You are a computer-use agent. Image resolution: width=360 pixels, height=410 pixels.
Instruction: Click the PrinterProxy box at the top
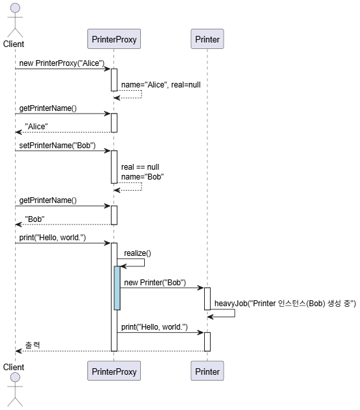coord(114,39)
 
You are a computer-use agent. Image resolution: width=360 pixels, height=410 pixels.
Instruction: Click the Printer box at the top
coord(207,39)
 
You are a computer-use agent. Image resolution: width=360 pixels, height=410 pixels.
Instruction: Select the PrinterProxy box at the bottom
coord(114,371)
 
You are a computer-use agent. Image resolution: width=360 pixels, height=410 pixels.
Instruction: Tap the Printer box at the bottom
coord(207,371)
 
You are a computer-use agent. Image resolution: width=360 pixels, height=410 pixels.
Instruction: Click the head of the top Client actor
coord(15,8)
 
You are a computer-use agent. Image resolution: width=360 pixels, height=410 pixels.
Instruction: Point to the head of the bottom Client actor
coord(15,377)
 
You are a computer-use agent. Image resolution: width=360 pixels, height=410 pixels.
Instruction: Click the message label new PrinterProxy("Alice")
coord(62,63)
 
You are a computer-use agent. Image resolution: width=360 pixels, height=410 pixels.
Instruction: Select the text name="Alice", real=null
coord(161,85)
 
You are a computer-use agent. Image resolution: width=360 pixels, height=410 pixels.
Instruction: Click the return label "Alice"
coord(37,127)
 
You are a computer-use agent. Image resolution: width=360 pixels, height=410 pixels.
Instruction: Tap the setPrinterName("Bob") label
coord(57,146)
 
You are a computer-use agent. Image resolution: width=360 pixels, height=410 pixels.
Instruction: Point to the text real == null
coord(140,167)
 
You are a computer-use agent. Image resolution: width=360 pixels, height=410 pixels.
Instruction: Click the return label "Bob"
coord(35,219)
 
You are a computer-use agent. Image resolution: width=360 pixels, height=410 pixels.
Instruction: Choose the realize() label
coord(138,253)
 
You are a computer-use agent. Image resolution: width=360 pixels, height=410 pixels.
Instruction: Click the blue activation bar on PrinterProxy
coord(117,288)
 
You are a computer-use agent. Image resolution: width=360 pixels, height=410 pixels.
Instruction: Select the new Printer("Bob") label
coord(155,283)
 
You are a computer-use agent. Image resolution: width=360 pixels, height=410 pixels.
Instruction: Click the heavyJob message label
coord(285,304)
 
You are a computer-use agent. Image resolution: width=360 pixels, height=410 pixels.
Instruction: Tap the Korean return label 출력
coord(33,345)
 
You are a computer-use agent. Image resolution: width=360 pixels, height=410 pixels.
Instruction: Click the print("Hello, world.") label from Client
coord(53,238)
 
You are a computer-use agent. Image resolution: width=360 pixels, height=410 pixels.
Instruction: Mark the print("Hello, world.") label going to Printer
coord(155,327)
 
